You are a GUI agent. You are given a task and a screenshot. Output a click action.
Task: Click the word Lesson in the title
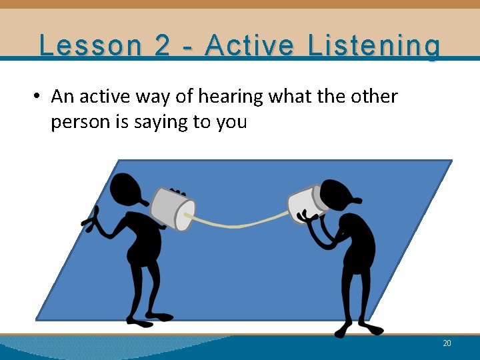click(x=90, y=45)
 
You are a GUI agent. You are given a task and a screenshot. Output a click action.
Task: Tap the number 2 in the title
click(x=162, y=45)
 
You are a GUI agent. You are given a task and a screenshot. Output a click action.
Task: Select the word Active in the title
click(x=250, y=45)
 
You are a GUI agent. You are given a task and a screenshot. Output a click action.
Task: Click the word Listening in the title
click(x=374, y=45)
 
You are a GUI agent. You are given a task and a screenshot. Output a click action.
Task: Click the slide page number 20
click(x=447, y=343)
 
